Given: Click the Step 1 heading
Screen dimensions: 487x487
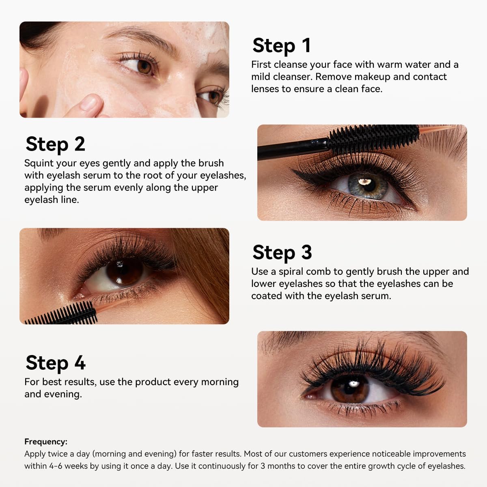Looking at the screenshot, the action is [282, 46].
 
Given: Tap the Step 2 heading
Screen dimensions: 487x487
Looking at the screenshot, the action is [55, 144].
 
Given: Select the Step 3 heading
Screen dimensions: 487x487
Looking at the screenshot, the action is [282, 252].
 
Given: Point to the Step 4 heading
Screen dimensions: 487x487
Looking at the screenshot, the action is [55, 363].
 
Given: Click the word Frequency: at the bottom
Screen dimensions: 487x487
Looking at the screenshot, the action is [46, 442].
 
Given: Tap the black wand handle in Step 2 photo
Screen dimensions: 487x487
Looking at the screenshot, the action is [293, 149].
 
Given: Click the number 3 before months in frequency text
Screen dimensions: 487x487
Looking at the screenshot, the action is [263, 466].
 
